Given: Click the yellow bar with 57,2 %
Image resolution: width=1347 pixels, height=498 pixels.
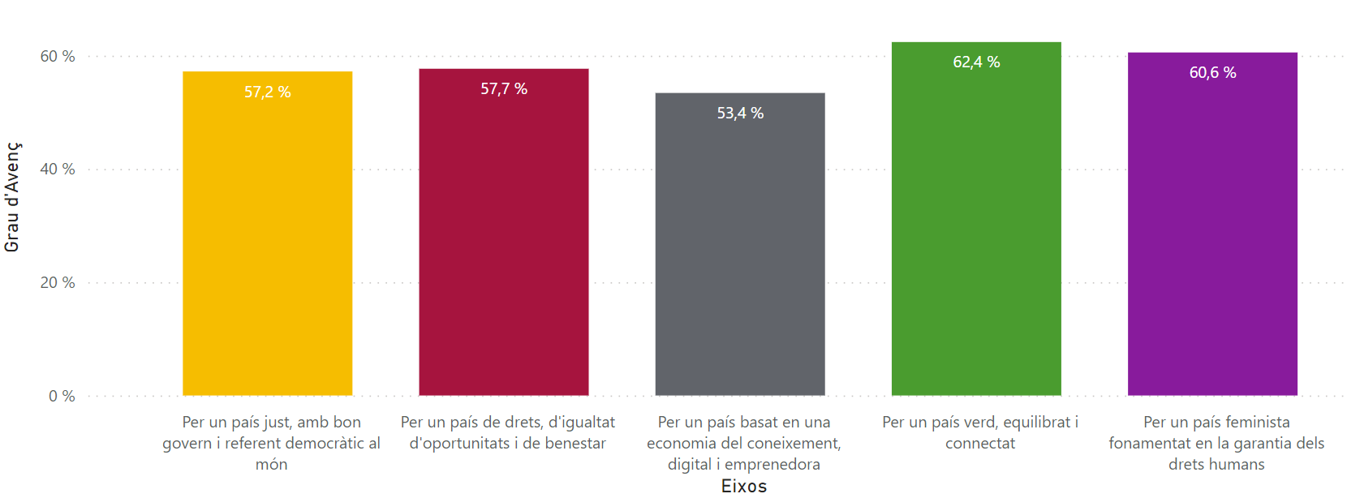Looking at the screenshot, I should [x=267, y=243].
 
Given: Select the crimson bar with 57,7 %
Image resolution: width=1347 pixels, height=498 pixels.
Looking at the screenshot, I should [x=503, y=243].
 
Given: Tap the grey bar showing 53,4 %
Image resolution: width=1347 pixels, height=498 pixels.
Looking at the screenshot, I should [x=739, y=251].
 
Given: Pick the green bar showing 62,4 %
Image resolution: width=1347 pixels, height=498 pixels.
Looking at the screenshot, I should [x=976, y=227].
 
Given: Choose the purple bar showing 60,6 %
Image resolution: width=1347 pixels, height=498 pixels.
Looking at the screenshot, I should [x=1212, y=235].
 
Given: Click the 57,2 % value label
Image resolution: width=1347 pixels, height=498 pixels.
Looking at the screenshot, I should [x=267, y=92].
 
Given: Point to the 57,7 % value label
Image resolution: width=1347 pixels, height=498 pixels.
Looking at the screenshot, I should [x=503, y=89].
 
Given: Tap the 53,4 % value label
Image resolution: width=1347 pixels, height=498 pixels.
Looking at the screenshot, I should [x=739, y=114].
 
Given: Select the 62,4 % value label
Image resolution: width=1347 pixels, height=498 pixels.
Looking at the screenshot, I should [x=976, y=62].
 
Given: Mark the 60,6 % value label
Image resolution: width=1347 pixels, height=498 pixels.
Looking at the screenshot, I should [x=1212, y=73].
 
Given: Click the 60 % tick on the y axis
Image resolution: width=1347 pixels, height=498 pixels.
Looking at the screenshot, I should [x=58, y=57].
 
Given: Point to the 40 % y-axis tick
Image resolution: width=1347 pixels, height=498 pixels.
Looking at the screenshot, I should [x=58, y=170].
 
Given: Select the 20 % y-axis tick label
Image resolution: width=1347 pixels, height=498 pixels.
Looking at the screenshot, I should [x=58, y=283].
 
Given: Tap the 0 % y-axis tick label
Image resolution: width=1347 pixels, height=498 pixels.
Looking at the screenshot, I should [x=62, y=397].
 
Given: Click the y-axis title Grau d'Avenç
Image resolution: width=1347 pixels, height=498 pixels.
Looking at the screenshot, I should [x=12, y=197].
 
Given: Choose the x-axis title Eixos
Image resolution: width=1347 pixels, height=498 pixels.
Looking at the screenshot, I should [x=743, y=486].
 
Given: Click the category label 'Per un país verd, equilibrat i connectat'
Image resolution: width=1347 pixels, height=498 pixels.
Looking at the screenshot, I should [x=979, y=432].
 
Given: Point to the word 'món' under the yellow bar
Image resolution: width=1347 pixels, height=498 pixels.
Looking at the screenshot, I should [x=271, y=465].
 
